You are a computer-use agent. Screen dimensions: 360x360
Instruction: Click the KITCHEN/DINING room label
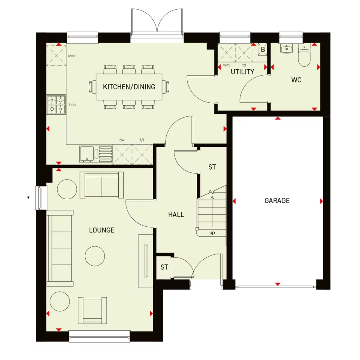tap(129, 86)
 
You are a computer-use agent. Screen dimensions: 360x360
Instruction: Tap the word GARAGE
tap(277, 201)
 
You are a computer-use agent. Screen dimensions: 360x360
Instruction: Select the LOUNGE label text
tap(102, 230)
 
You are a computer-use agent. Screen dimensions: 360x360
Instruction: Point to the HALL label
tap(176, 215)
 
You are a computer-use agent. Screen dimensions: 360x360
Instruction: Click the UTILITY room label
tap(242, 72)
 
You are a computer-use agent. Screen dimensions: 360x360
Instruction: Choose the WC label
tap(296, 80)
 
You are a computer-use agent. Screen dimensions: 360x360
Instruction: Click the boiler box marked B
tap(263, 50)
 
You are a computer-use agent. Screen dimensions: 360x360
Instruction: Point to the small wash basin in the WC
tap(286, 49)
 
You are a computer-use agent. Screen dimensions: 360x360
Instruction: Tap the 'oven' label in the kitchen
tap(72, 56)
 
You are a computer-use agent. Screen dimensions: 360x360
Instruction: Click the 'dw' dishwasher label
tap(122, 140)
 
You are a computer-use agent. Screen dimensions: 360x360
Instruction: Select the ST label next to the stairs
tap(212, 167)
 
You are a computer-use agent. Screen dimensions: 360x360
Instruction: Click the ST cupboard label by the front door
tap(164, 267)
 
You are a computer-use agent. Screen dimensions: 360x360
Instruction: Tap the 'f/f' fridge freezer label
tap(142, 140)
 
